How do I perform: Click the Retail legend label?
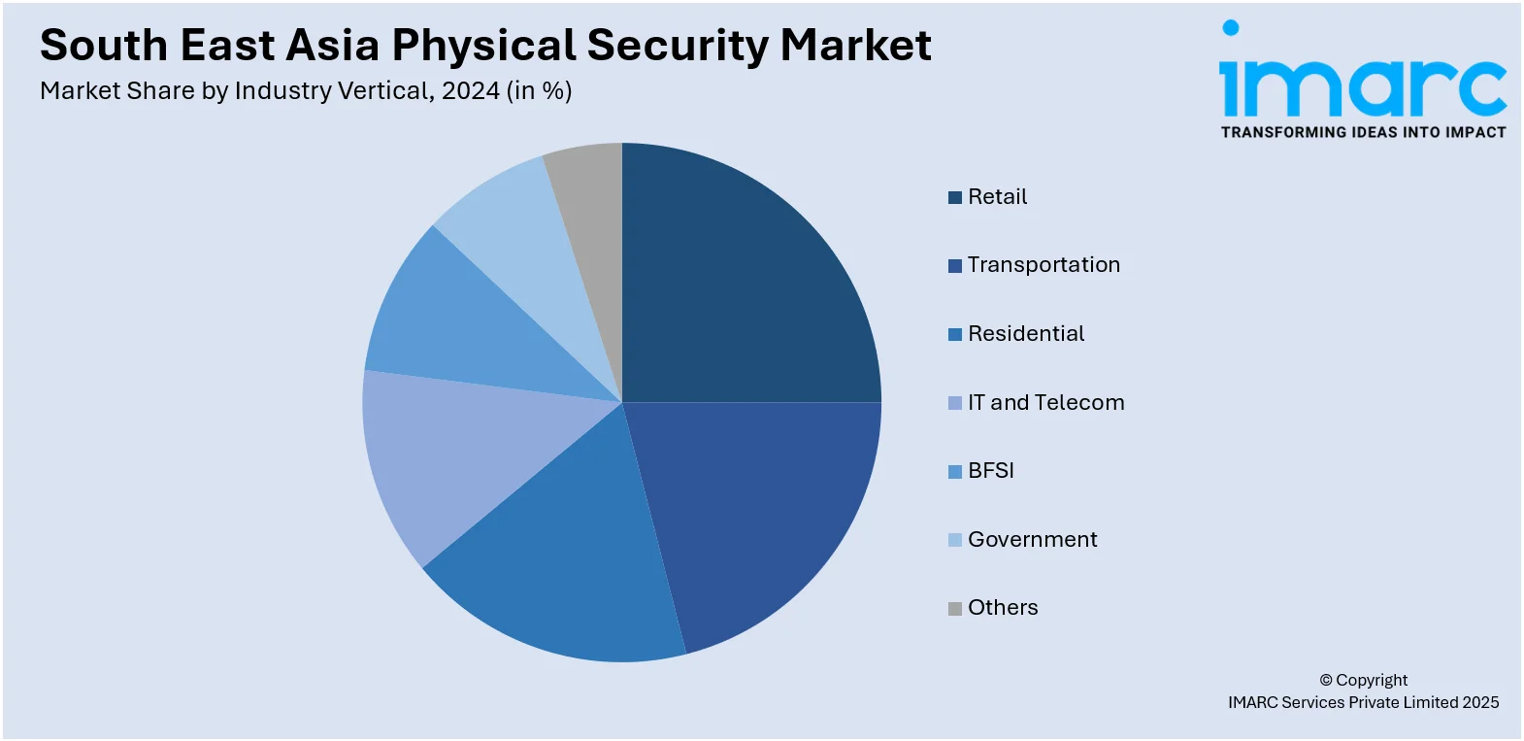(997, 197)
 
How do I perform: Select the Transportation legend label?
(1044, 265)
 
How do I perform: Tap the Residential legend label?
(1026, 334)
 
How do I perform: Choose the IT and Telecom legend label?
(1045, 402)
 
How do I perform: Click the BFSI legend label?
(990, 471)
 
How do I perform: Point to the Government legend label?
(1032, 540)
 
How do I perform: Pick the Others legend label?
(1003, 608)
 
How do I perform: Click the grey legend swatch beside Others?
(955, 609)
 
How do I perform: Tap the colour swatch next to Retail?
(955, 198)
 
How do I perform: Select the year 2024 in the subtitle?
(470, 91)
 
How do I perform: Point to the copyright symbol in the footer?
(1326, 681)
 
